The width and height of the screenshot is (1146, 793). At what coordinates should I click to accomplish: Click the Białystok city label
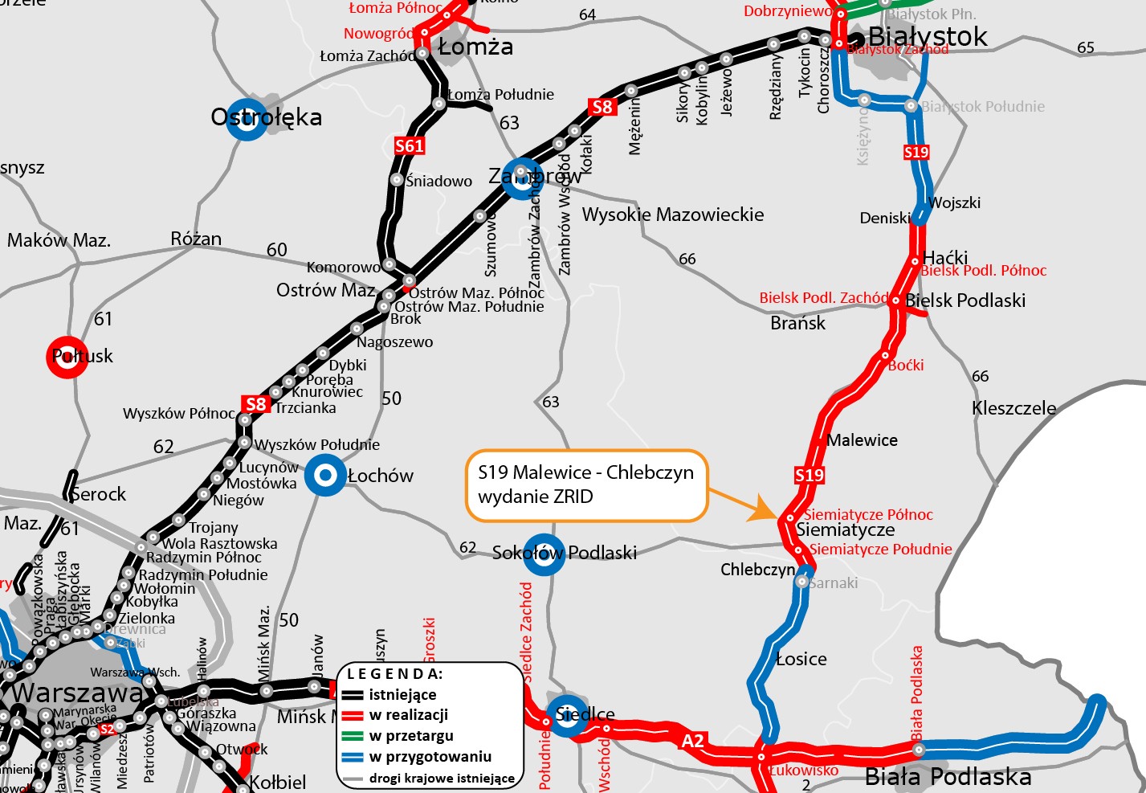(928, 36)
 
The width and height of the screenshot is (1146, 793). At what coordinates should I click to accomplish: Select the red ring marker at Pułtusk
(67, 356)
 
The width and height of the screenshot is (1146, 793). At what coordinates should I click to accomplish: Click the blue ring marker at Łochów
(325, 476)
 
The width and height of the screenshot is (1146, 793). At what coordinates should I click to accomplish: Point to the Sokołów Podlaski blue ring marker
(544, 554)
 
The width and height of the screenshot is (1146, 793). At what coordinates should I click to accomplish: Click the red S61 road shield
(410, 145)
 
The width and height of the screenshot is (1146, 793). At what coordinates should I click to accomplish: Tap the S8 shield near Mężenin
(602, 107)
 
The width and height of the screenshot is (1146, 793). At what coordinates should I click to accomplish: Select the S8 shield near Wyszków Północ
(255, 404)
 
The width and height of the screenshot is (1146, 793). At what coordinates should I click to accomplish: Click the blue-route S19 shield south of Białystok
(916, 152)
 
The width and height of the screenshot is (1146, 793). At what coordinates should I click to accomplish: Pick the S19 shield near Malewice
(810, 475)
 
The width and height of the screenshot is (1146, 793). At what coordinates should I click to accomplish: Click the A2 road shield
(692, 741)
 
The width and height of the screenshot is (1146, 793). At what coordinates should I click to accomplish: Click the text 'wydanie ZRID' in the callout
(536, 497)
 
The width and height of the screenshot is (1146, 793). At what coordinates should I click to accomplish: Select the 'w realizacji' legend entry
(408, 715)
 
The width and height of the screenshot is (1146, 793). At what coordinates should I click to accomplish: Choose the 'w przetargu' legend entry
(410, 736)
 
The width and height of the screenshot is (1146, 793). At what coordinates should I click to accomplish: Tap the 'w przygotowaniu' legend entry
(430, 757)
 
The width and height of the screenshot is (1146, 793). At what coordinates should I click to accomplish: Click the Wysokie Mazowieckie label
(673, 215)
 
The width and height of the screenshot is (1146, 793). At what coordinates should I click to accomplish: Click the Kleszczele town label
(1013, 408)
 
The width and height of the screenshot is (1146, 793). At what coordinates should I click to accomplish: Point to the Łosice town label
(801, 659)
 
